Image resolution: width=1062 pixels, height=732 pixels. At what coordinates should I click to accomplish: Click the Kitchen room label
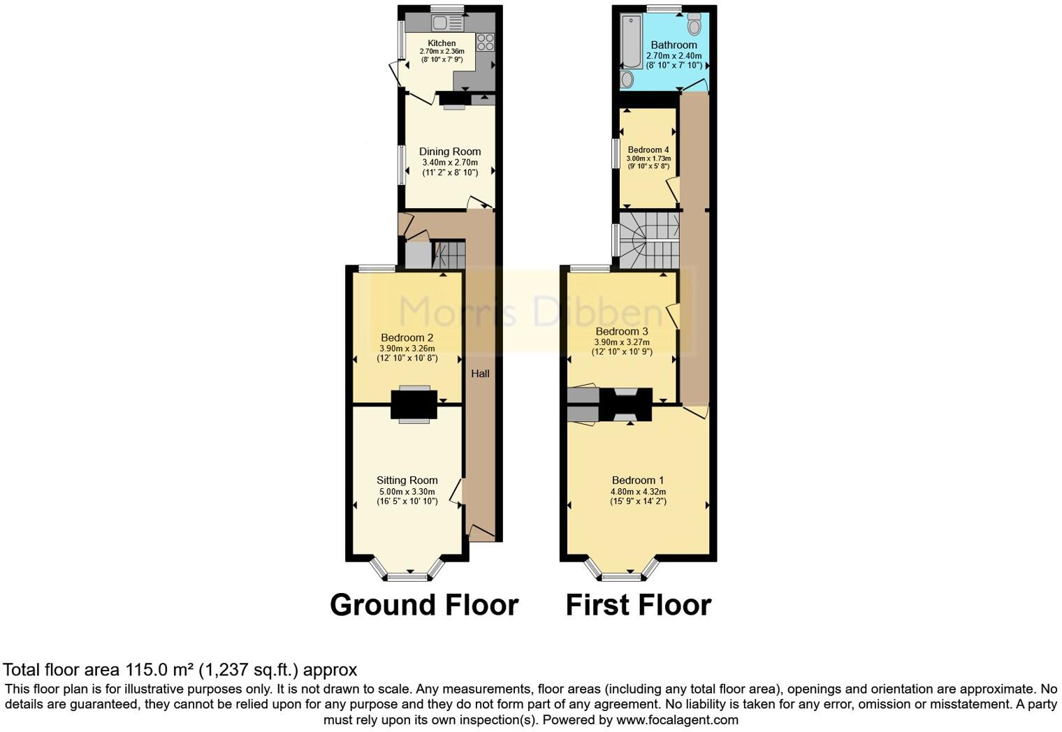click(442, 43)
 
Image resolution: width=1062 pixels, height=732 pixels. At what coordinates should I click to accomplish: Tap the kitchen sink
click(447, 23)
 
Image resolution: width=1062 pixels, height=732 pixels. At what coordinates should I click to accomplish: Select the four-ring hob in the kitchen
click(485, 42)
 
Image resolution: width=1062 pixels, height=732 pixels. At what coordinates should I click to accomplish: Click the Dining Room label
click(450, 152)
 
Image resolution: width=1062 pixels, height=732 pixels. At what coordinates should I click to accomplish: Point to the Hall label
click(480, 374)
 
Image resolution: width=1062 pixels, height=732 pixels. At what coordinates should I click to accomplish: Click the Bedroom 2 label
click(407, 338)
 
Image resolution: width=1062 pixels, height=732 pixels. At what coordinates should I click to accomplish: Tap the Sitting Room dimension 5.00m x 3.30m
click(407, 492)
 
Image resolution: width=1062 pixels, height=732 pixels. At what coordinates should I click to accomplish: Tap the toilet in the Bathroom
click(694, 25)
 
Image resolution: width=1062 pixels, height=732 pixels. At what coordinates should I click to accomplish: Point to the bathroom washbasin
click(627, 79)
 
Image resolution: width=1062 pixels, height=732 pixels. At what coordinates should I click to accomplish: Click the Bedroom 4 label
click(648, 150)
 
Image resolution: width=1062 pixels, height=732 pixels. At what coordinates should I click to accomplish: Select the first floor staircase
click(649, 241)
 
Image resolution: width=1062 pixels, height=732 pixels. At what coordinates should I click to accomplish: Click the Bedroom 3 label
click(621, 331)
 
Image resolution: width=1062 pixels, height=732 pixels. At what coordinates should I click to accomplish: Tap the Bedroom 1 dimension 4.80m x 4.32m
click(638, 492)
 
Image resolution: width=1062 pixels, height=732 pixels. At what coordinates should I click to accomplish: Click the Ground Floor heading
click(424, 605)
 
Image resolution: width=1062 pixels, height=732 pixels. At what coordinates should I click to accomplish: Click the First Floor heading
click(638, 605)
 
